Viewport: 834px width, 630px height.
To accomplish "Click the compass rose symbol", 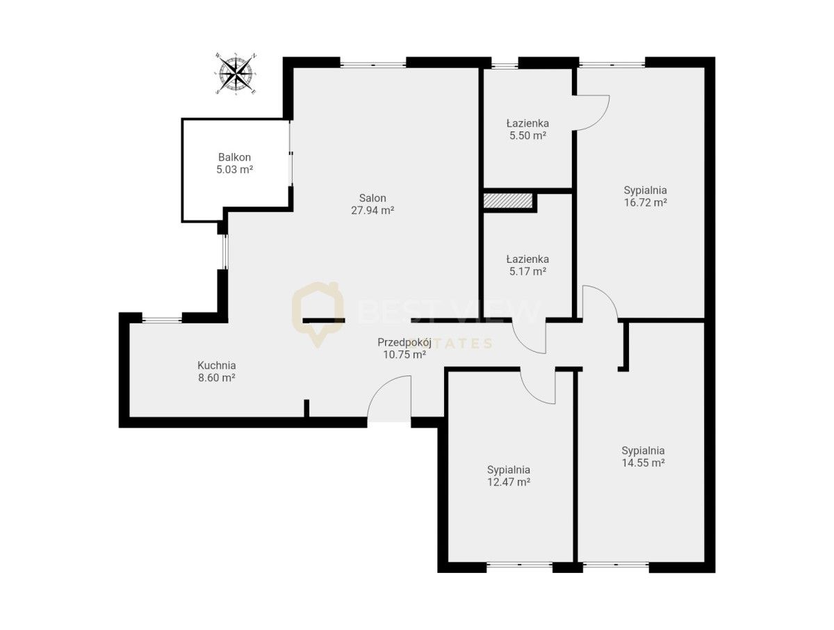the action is click(236, 73).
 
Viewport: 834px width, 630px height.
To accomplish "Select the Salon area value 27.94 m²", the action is click(373, 211).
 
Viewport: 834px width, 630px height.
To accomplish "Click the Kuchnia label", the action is click(217, 365).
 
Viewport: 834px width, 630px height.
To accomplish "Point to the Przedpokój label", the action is click(404, 343).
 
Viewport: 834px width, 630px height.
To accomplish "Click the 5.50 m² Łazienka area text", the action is click(528, 136).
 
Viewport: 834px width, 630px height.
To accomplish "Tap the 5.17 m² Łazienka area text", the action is click(528, 271).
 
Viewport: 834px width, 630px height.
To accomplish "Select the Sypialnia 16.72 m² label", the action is click(646, 196).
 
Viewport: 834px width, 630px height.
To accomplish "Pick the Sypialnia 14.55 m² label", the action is click(644, 457).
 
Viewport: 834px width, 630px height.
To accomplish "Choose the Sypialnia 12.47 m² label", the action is click(509, 476).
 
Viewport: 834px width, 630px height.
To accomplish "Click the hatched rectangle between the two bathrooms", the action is click(507, 201).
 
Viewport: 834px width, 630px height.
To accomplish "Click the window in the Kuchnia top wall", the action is click(162, 320).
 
